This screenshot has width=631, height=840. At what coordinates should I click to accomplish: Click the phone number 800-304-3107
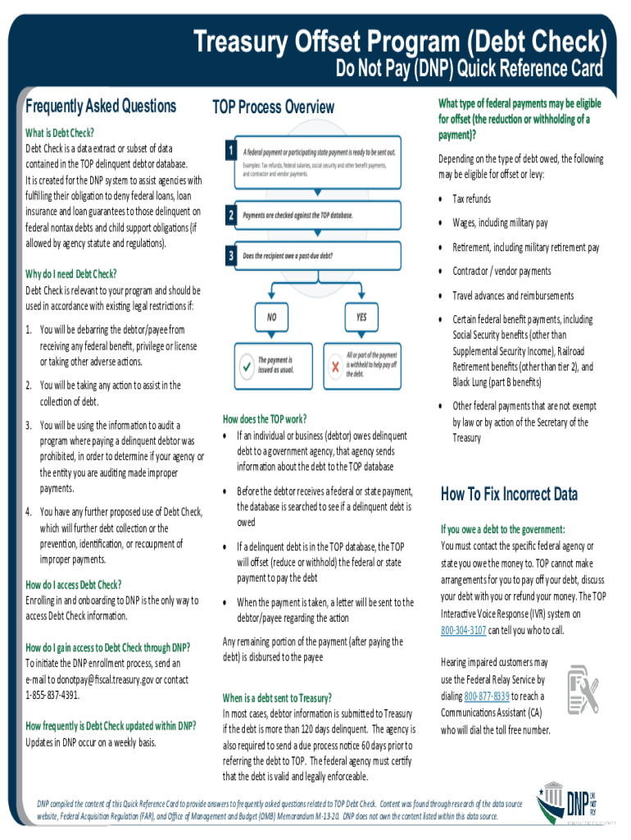pos(464,630)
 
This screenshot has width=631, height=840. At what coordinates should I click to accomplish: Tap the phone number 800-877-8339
pos(487,696)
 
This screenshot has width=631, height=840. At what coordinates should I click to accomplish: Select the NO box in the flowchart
pos(270,315)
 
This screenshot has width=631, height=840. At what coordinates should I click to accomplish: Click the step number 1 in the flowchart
pos(232,152)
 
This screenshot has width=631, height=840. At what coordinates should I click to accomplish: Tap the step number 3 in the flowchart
pos(232,255)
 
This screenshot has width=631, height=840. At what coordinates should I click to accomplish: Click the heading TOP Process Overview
pos(273,107)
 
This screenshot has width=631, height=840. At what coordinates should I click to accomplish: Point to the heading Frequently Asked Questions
pos(101,106)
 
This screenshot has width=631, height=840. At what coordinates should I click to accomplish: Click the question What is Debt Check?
pos(60,133)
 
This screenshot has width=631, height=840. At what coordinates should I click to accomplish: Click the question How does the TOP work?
pos(265,418)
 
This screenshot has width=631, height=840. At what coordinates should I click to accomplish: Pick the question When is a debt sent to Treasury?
pos(277,697)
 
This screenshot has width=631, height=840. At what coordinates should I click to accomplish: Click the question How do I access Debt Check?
pos(74,584)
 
